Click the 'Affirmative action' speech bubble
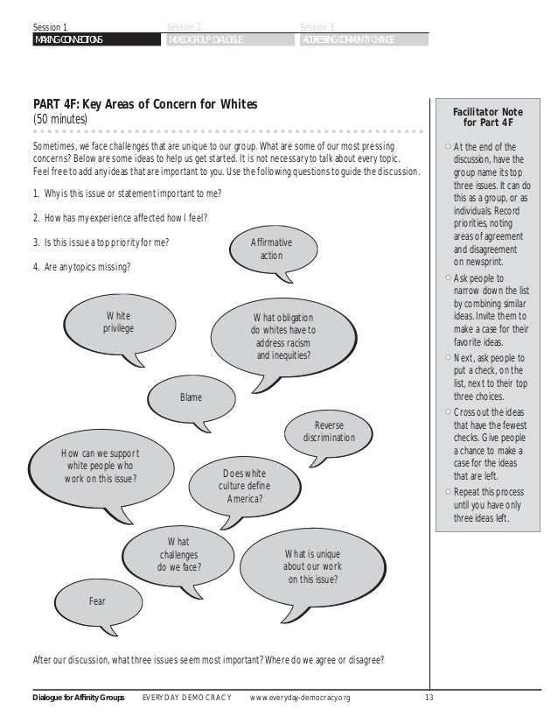[270, 249]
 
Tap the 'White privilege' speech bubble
[120, 322]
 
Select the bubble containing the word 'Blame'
[191, 397]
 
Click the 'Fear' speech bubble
[98, 600]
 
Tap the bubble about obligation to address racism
[282, 337]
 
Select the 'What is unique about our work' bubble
[312, 565]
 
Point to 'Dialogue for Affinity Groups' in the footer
[79, 698]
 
